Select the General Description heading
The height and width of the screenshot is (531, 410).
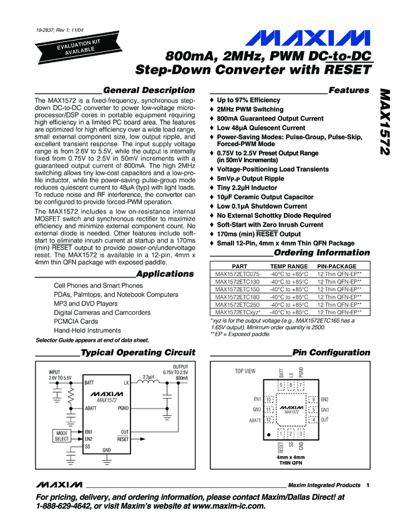[149, 90]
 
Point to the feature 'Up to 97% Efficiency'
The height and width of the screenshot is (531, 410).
[248, 100]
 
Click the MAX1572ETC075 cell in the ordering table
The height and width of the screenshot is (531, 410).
[237, 274]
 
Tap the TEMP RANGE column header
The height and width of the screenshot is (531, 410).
[288, 266]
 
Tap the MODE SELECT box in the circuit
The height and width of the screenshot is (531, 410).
[62, 436]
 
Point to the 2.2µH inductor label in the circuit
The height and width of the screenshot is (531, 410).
[148, 377]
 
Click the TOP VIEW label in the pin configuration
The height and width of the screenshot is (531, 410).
[245, 371]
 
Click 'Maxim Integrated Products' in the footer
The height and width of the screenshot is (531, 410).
[325, 485]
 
